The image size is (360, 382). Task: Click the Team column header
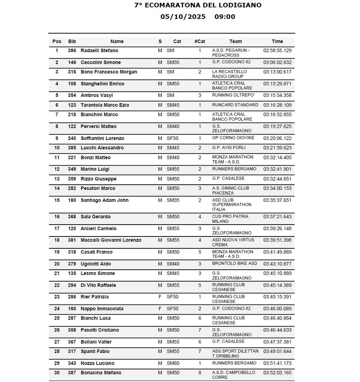pyautogui.click(x=235, y=41)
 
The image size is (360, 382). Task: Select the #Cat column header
pyautogui.click(x=200, y=41)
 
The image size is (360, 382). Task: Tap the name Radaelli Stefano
pyautogui.click(x=99, y=51)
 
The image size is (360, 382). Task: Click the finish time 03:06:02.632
pyautogui.click(x=277, y=62)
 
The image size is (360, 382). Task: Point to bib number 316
pyautogui.click(x=72, y=72)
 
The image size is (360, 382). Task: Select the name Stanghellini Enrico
pyautogui.click(x=102, y=84)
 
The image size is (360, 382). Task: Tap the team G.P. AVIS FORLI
pyautogui.click(x=229, y=148)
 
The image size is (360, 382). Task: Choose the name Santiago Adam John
pyautogui.click(x=104, y=200)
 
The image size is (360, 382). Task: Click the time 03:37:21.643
pyautogui.click(x=277, y=217)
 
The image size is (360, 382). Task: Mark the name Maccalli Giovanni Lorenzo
pyautogui.click(x=111, y=240)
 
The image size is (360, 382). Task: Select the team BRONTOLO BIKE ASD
pyautogui.click(x=234, y=264)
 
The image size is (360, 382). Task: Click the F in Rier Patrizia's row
pyautogui.click(x=160, y=297)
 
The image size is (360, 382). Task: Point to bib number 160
pyautogui.click(x=72, y=309)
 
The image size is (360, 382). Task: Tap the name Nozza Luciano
pyautogui.click(x=97, y=363)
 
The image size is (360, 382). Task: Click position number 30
pyautogui.click(x=57, y=373)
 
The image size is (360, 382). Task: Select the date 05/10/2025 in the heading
pyautogui.click(x=183, y=17)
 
